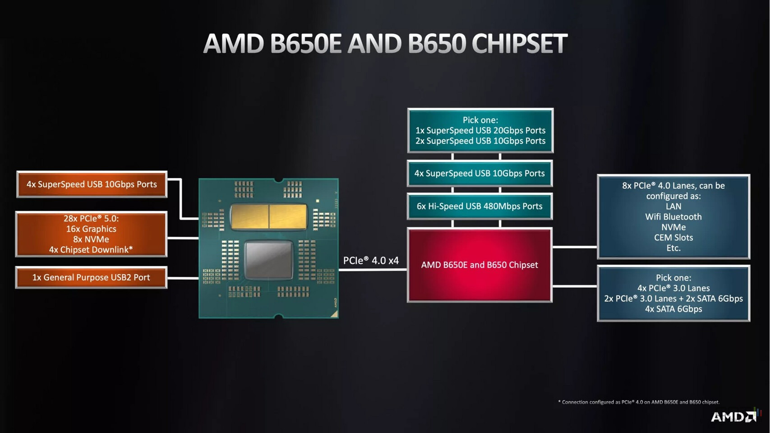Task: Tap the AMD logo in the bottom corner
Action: coord(733,416)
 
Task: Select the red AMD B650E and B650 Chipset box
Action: coord(480,265)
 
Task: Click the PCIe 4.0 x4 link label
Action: coord(371,261)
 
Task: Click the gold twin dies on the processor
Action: coord(269,216)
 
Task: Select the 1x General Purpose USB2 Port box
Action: coord(91,277)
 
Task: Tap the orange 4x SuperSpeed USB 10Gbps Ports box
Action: coord(92,184)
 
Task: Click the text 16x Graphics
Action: coord(91,229)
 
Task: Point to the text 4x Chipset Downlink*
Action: coord(91,250)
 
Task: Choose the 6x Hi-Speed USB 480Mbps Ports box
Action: coord(480,206)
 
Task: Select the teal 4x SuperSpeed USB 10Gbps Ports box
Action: coord(480,173)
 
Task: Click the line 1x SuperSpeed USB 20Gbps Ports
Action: coord(480,130)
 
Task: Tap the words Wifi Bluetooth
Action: coord(673,217)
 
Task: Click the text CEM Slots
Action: coord(673,238)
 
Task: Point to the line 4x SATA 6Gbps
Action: coord(673,309)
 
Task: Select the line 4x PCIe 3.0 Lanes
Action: coord(673,288)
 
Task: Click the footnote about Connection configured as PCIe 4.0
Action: coord(639,402)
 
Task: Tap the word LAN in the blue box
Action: coord(673,207)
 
